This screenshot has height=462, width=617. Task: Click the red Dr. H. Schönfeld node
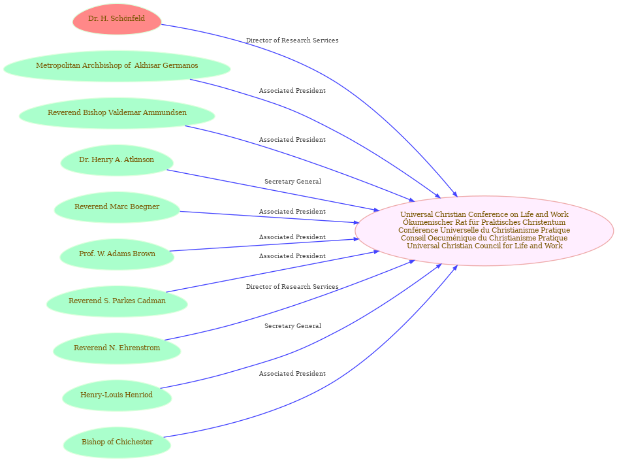117,19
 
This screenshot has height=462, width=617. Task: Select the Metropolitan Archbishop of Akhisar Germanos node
117,66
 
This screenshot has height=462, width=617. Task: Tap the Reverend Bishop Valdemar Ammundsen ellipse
117,113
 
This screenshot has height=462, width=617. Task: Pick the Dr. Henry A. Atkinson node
117,160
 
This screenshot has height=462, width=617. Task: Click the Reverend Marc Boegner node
117,207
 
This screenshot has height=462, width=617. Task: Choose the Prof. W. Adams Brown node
117,254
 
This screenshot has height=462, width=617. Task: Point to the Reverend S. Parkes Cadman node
117,301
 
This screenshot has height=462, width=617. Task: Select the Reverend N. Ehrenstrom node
117,348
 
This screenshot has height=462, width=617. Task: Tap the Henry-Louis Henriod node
117,395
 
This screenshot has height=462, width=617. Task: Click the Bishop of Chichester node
117,442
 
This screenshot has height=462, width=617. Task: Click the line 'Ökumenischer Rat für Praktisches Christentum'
484,222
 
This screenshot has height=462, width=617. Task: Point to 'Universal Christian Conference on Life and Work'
484,214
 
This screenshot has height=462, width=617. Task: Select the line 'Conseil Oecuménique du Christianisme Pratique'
484,238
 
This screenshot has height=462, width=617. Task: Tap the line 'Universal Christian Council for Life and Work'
484,246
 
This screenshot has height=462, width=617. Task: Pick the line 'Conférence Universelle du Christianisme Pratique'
484,230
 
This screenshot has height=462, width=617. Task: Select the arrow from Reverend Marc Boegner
274,217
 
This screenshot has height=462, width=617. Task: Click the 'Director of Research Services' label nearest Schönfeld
292,41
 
